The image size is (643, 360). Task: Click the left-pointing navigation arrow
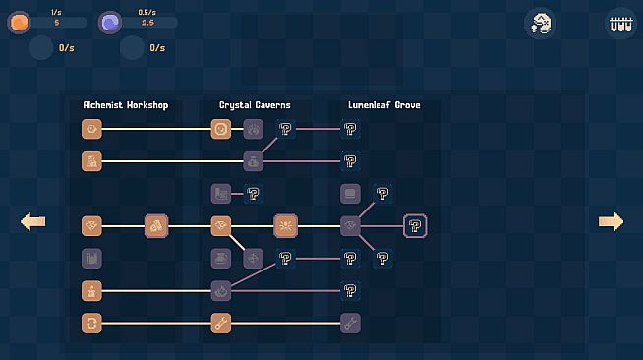click(32, 222)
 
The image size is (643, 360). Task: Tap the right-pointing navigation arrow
click(611, 222)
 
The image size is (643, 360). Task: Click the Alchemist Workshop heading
click(126, 105)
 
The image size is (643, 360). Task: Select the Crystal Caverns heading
click(255, 105)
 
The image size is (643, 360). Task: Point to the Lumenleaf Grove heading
click(384, 105)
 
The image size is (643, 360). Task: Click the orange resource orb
click(19, 23)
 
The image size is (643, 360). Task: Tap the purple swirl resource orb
click(110, 23)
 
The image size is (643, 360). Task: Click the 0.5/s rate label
click(146, 13)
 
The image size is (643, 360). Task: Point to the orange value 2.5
click(147, 23)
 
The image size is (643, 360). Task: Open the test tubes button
click(620, 24)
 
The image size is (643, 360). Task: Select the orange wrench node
click(221, 323)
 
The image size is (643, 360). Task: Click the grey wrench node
click(350, 323)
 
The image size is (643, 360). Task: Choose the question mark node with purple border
click(415, 226)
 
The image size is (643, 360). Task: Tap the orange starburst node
click(285, 226)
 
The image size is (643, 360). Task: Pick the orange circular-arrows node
click(91, 323)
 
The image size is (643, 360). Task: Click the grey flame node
click(221, 291)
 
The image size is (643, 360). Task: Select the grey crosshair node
click(254, 259)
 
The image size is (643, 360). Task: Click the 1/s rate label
click(56, 13)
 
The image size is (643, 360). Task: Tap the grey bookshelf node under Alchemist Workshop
click(91, 259)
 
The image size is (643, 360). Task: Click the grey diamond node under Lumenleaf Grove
click(350, 226)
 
